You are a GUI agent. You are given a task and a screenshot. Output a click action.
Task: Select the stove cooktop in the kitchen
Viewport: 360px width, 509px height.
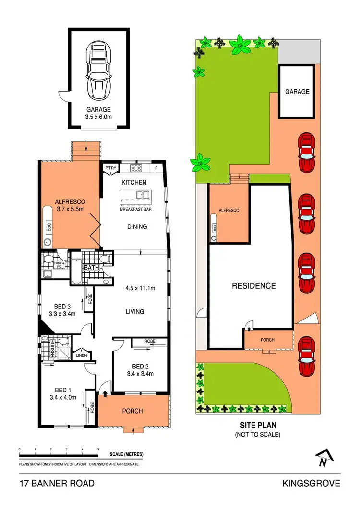tap(136, 168)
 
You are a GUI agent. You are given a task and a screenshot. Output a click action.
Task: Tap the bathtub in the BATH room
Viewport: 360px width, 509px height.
tap(76, 271)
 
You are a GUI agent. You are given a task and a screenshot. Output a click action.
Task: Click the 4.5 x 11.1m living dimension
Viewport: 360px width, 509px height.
tap(140, 288)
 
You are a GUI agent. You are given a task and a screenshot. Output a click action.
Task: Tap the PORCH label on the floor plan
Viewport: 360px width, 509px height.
tap(133, 411)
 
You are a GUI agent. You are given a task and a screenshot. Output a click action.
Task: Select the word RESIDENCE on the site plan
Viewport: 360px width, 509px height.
tap(254, 286)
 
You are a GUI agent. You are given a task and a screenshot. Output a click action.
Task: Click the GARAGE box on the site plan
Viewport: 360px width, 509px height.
tap(297, 91)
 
